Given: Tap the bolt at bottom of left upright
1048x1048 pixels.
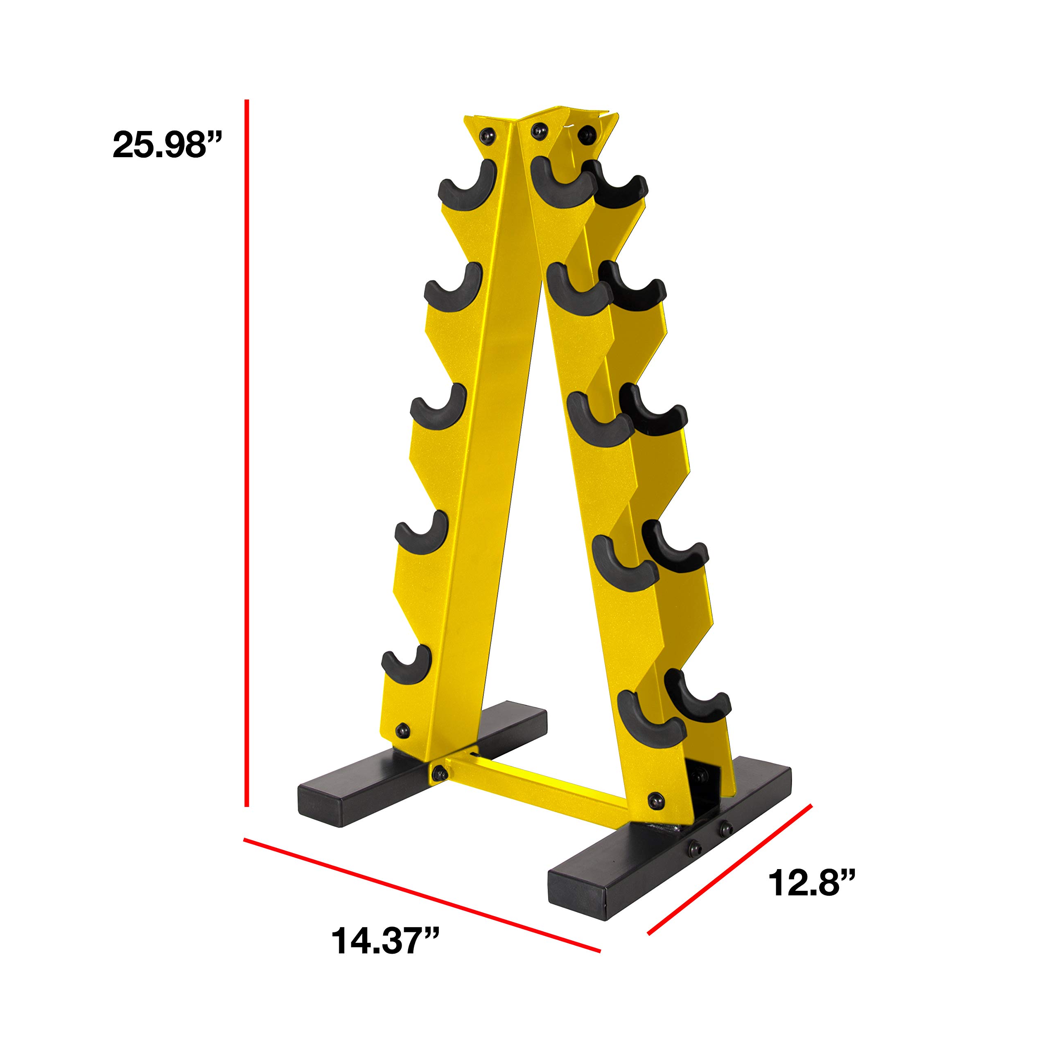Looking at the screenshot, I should tap(402, 729).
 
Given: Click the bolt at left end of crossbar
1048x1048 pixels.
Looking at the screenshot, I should tap(439, 771).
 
